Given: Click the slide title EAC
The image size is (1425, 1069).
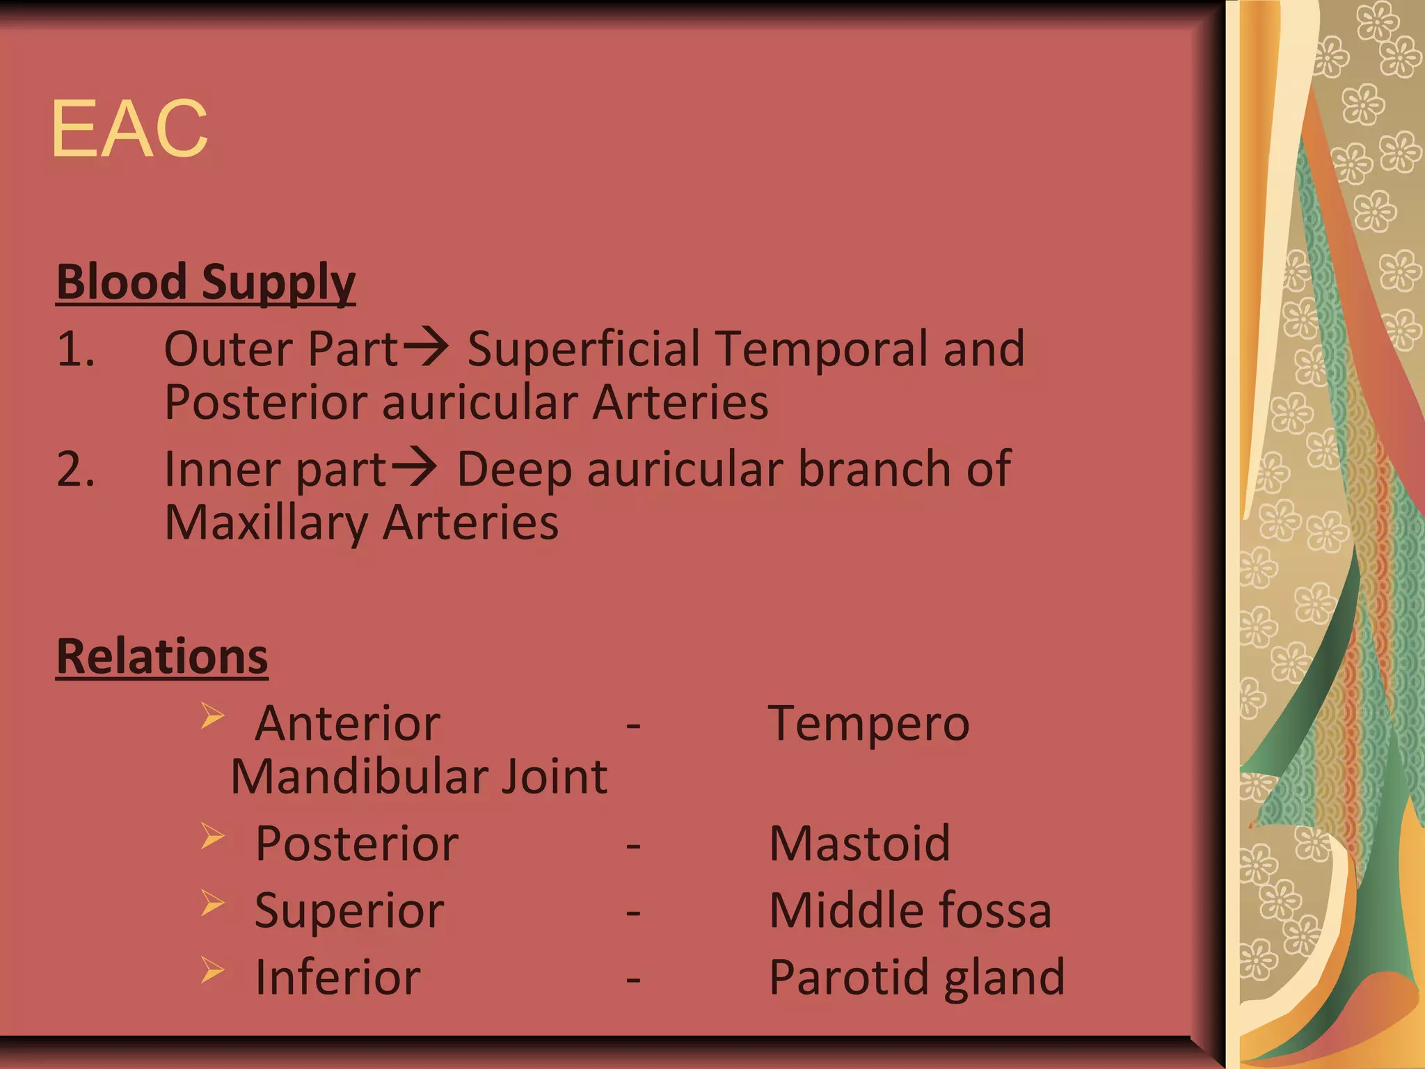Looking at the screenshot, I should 129,129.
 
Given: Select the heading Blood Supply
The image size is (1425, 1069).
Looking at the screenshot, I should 206,283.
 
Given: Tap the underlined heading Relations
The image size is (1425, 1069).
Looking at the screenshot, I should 162,656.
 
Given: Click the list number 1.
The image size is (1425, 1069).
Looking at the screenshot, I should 74,349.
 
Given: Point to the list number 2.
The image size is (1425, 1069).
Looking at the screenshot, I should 75,469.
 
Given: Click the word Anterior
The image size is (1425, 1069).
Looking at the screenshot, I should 348,724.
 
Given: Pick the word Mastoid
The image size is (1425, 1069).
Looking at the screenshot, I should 859,844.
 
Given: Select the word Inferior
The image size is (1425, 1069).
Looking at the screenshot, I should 337,977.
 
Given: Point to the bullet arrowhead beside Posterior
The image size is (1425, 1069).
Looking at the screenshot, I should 213,836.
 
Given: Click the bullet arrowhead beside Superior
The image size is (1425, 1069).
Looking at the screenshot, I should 213,903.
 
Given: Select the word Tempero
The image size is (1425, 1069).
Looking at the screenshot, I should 868,724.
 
